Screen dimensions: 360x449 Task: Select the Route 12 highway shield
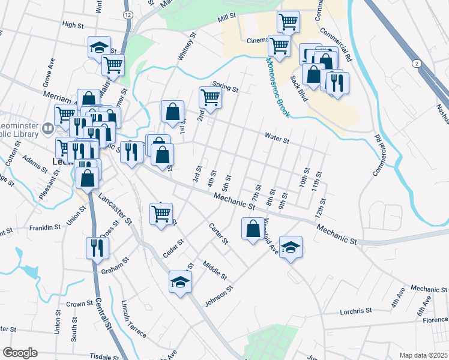click(x=127, y=14)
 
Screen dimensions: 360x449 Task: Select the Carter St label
click(x=218, y=234)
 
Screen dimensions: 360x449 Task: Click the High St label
click(x=73, y=25)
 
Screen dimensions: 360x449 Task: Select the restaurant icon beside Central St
click(x=96, y=247)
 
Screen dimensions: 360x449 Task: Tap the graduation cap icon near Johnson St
click(x=179, y=282)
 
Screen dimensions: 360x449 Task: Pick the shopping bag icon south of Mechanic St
click(x=253, y=228)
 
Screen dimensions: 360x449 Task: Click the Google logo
click(x=20, y=353)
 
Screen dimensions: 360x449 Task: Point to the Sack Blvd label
click(x=298, y=89)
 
